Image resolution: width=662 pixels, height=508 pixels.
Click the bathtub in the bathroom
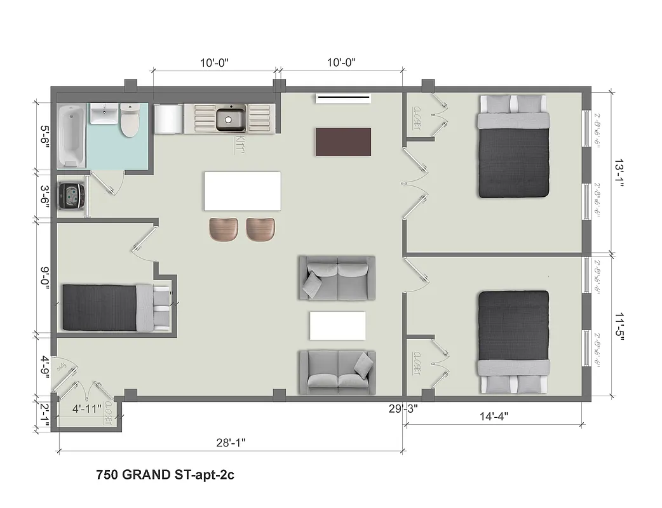click(x=71, y=136)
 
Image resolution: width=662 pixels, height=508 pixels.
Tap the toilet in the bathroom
click(x=130, y=121)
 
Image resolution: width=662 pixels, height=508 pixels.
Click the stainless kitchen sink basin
click(x=231, y=119)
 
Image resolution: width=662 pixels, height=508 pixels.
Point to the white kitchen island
click(x=243, y=191)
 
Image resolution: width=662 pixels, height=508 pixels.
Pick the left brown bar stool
click(x=223, y=229)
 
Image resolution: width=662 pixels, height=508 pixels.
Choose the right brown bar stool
click(x=261, y=229)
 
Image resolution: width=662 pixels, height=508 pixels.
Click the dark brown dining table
click(x=343, y=142)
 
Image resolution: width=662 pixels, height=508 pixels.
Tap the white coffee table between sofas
click(x=337, y=326)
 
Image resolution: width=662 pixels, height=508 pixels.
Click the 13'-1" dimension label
click(x=619, y=172)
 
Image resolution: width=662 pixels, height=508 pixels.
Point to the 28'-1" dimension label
click(x=231, y=441)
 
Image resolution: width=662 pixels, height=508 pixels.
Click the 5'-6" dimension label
click(x=44, y=137)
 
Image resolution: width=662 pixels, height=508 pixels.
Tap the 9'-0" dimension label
click(x=44, y=277)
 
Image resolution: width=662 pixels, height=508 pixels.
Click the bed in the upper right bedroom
click(x=513, y=146)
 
